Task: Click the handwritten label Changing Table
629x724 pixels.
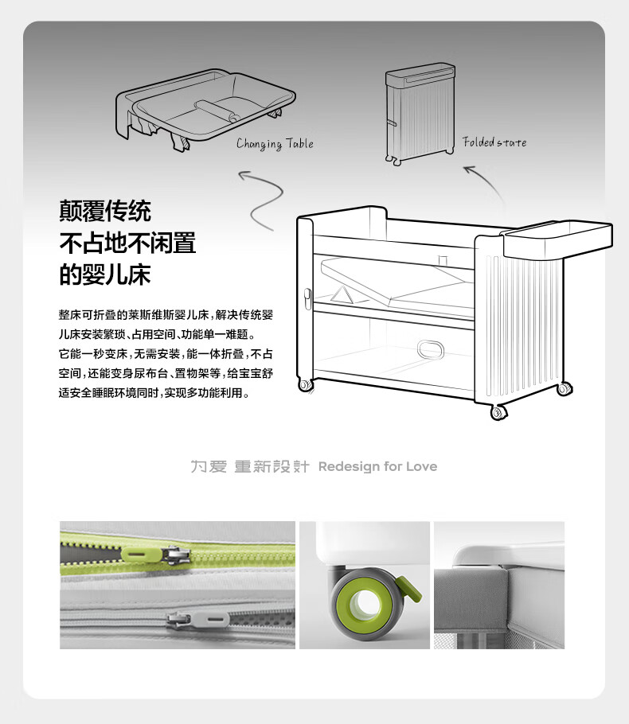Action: (x=275, y=144)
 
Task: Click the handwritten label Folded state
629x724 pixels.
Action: (x=494, y=142)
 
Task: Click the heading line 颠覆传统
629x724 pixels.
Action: (x=105, y=212)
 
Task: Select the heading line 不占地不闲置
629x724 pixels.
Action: (x=127, y=243)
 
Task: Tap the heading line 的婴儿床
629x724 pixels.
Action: (x=105, y=274)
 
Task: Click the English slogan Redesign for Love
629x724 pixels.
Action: (x=377, y=466)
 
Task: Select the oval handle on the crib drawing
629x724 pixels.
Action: (x=433, y=348)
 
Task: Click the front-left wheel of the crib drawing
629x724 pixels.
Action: (x=305, y=385)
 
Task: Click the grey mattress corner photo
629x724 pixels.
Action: (x=498, y=585)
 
